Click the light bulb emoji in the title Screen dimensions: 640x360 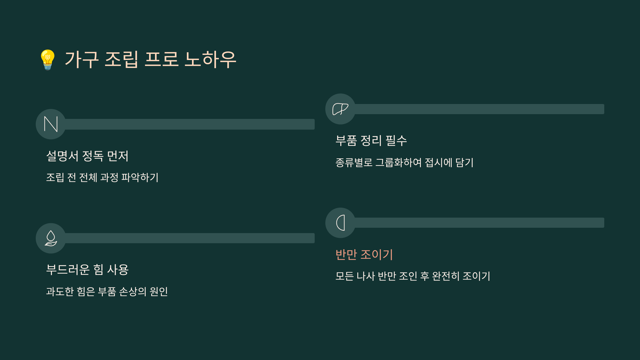pyautogui.click(x=48, y=60)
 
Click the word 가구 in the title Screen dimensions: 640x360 pyautogui.click(x=82, y=59)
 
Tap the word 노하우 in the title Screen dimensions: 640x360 pyautogui.click(x=210, y=59)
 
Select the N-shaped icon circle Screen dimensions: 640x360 pyautogui.click(x=51, y=124)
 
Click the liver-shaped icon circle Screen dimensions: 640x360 pyautogui.click(x=340, y=109)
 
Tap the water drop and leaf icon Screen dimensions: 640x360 pyautogui.click(x=51, y=238)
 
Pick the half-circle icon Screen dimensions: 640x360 pyautogui.click(x=340, y=223)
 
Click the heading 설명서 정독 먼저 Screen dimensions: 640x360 pyautogui.click(x=87, y=156)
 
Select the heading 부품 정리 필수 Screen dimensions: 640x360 pyautogui.click(x=371, y=141)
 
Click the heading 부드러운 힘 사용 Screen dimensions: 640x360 pyautogui.click(x=87, y=270)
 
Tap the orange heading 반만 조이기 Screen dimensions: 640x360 pyautogui.click(x=364, y=254)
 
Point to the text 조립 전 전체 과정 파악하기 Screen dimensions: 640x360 pyautogui.click(x=102, y=178)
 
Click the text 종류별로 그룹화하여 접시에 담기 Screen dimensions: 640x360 pyautogui.click(x=404, y=162)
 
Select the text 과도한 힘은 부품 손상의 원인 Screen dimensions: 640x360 pyautogui.click(x=107, y=291)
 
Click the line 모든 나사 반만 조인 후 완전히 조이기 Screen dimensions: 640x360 pyautogui.click(x=413, y=276)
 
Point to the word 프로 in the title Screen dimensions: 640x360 pyautogui.click(x=161, y=59)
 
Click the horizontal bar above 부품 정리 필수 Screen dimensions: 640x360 pyautogui.click(x=479, y=109)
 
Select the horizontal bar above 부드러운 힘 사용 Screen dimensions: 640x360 pyautogui.click(x=189, y=238)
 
